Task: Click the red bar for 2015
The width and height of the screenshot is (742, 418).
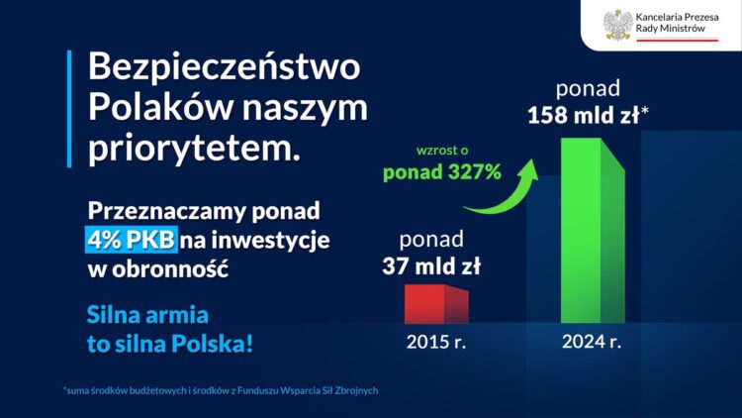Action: point(436,304)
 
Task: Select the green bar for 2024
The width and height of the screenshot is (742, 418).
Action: point(593,231)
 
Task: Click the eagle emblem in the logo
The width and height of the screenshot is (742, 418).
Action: point(617,25)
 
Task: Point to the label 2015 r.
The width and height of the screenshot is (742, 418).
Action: point(436,342)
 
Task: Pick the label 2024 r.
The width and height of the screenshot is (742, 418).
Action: point(592,341)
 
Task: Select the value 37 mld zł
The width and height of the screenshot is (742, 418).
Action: point(431,266)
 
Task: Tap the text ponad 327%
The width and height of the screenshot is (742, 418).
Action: point(442,172)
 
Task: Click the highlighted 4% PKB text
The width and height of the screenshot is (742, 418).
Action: point(132,240)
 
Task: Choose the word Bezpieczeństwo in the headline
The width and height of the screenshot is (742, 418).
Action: point(225,66)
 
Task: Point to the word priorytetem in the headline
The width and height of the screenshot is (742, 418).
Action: point(195,150)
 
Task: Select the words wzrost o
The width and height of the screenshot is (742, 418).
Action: point(442,151)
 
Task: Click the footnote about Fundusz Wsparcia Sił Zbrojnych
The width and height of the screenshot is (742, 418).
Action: point(221,391)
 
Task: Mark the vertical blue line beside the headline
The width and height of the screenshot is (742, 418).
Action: point(69,109)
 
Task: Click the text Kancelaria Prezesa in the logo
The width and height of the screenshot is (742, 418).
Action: point(677,18)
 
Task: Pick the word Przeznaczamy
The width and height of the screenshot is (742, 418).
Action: point(167,211)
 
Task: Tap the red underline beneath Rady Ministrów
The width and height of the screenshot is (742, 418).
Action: point(677,41)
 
